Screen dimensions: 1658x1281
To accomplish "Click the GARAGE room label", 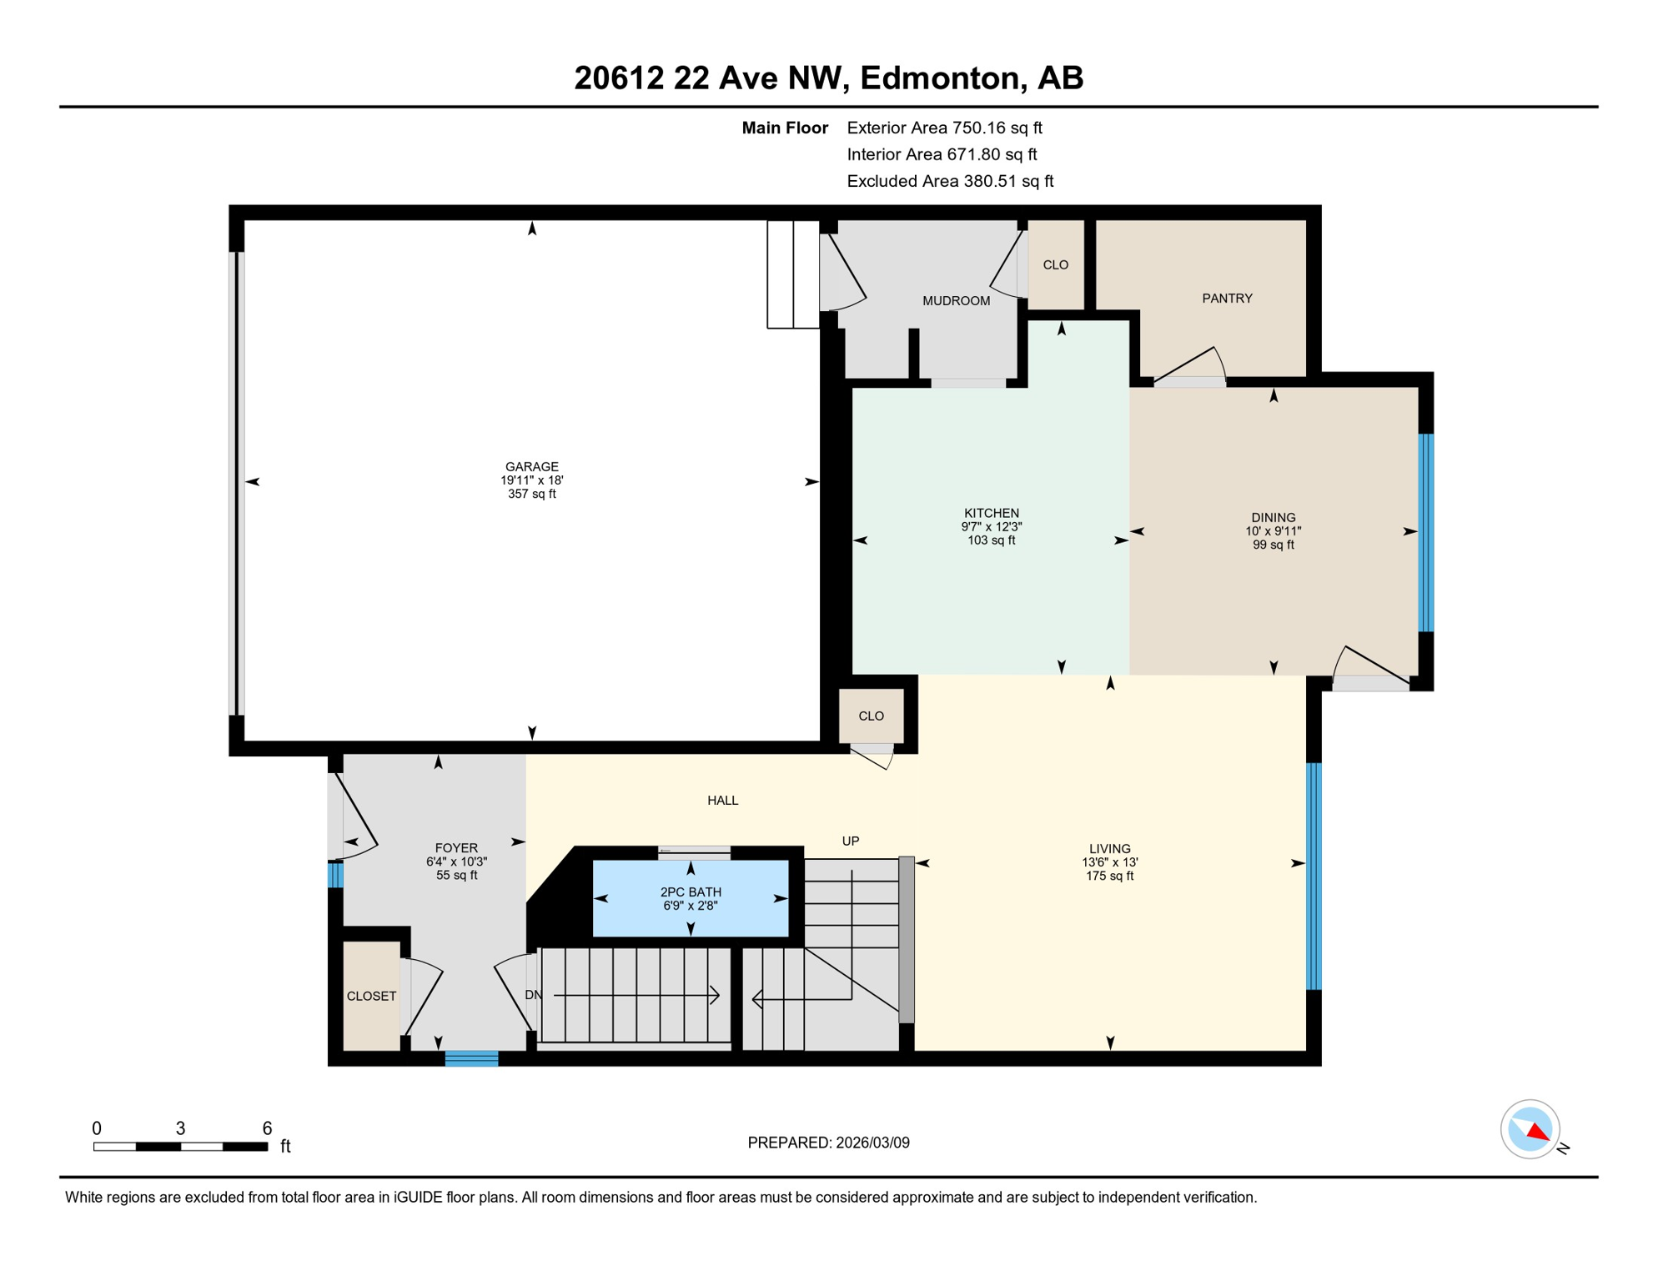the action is point(531,466).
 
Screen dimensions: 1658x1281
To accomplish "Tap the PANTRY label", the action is point(1227,298).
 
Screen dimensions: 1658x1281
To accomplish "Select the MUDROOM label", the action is point(956,300).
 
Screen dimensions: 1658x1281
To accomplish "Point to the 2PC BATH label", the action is point(691,892).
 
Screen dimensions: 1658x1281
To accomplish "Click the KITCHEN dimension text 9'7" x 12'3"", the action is point(991,527).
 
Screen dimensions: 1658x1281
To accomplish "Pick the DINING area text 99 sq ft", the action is point(1273,545).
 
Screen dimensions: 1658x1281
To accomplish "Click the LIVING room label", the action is point(1109,848).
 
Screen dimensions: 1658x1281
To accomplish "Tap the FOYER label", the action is point(456,848).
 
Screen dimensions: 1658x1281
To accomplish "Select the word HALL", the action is point(722,800).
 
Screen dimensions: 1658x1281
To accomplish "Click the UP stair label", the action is point(850,841).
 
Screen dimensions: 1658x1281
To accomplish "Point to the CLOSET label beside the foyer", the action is point(371,996).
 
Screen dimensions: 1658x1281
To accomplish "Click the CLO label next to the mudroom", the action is point(1055,264).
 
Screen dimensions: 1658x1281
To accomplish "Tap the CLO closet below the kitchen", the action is point(871,716).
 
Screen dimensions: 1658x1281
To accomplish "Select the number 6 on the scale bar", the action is point(267,1128).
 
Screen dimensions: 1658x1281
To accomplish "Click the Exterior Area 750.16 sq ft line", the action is point(944,128).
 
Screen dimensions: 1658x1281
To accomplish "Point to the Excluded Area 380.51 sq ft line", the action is point(950,181).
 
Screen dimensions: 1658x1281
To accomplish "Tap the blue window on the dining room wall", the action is point(1426,532).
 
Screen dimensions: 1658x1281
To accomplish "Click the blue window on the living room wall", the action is point(1314,876).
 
